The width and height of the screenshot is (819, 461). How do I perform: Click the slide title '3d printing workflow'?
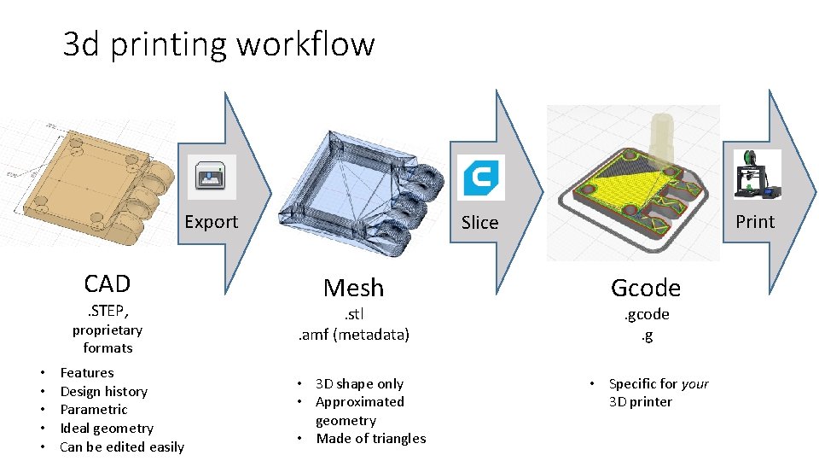[218, 44]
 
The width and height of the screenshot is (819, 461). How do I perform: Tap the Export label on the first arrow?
[211, 222]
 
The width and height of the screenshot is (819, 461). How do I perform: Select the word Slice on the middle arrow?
[479, 223]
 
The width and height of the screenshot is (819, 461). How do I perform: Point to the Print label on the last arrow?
[755, 222]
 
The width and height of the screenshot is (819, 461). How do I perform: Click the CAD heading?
[107, 283]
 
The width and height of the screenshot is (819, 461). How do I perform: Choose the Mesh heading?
[353, 288]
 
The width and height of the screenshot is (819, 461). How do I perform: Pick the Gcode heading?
[645, 288]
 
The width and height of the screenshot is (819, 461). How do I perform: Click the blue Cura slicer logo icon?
[480, 178]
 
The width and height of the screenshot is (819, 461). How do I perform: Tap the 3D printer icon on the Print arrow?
[756, 174]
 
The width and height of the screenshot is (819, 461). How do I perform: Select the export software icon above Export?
[211, 177]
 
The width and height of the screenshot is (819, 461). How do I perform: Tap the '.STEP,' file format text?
[107, 310]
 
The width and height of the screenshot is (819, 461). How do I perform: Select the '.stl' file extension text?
[353, 314]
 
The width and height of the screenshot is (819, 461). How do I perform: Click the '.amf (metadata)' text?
[353, 335]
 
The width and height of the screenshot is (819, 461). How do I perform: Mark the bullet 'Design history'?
[104, 391]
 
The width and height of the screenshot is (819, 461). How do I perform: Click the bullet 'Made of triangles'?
[370, 439]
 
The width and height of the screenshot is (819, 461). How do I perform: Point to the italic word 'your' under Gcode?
[694, 384]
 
